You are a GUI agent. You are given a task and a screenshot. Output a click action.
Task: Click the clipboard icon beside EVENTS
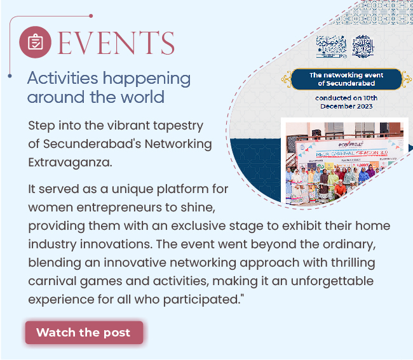pyautogui.click(x=36, y=43)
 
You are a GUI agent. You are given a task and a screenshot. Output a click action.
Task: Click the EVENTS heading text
pyautogui.click(x=116, y=43)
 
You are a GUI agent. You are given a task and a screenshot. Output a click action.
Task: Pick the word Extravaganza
pyautogui.click(x=69, y=163)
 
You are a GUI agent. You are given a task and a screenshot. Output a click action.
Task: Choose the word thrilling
pyautogui.click(x=352, y=262)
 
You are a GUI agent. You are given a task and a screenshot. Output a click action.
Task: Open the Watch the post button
pyautogui.click(x=84, y=333)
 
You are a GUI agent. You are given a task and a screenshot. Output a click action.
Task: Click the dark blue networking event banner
pyautogui.click(x=346, y=79)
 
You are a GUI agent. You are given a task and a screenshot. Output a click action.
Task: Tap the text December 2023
pyautogui.click(x=346, y=106)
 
